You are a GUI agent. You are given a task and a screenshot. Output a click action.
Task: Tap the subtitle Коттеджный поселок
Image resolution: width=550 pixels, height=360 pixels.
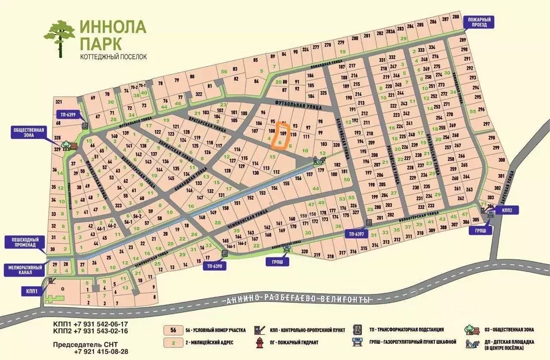coord(113,56)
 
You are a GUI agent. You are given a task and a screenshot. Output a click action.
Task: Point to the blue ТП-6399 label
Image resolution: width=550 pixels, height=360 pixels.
coord(68,114)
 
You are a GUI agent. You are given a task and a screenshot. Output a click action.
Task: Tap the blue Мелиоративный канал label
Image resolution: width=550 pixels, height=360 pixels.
coord(22,269)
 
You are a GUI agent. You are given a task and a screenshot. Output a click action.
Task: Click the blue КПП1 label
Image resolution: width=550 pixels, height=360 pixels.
coord(30,291)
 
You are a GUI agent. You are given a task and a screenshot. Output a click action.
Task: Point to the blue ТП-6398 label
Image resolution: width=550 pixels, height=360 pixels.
coord(213,265)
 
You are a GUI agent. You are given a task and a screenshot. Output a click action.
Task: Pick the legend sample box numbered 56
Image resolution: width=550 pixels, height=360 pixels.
coord(173,330)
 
